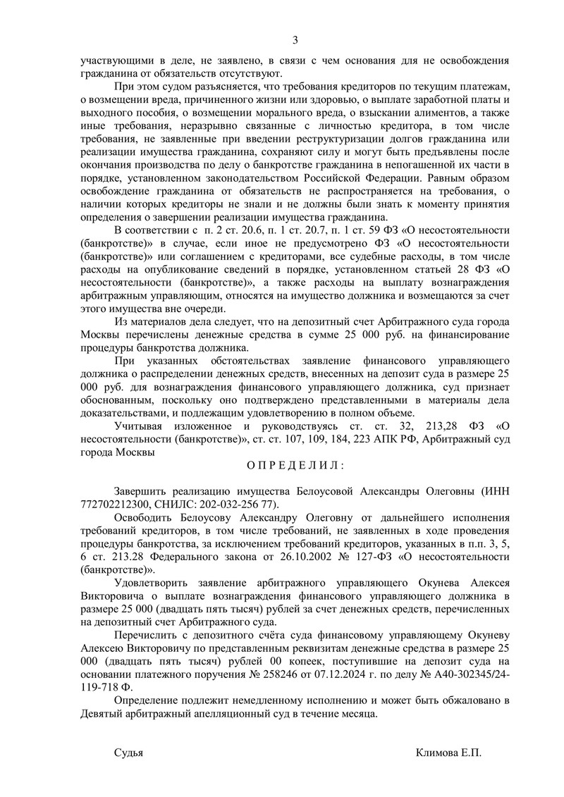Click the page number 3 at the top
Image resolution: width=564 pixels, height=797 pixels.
(x=295, y=39)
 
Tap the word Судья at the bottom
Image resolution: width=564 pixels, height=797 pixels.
(x=129, y=753)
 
